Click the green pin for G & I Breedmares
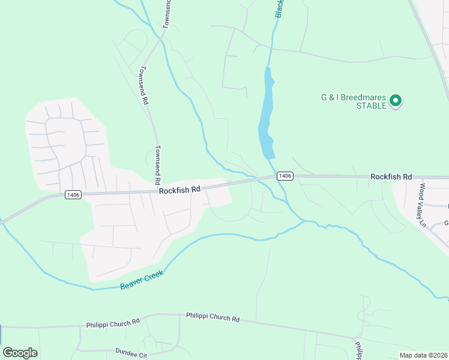pyautogui.click(x=396, y=100)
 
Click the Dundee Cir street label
pyautogui.click(x=131, y=354)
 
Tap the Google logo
pyautogui.click(x=20, y=353)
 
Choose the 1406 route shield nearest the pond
pyautogui.click(x=285, y=176)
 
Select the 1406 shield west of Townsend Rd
pyautogui.click(x=73, y=194)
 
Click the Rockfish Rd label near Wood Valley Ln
pyautogui.click(x=391, y=176)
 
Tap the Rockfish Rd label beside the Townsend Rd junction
pyautogui.click(x=179, y=190)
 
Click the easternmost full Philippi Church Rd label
pyautogui.click(x=212, y=316)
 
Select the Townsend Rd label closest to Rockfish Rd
pyautogui.click(x=157, y=164)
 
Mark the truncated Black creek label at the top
pyautogui.click(x=280, y=8)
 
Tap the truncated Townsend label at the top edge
pyautogui.click(x=167, y=13)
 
